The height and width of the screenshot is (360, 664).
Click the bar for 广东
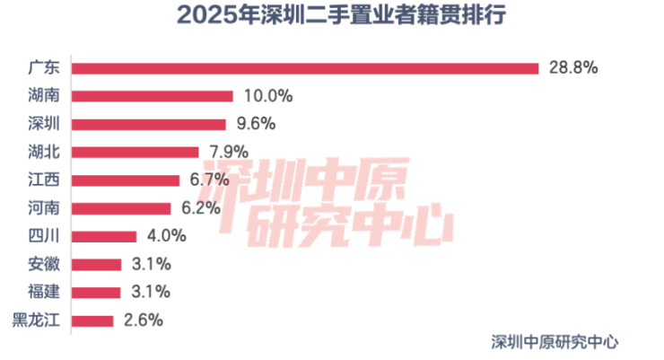pyautogui.click(x=305, y=67)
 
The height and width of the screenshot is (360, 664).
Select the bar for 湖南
pyautogui.click(x=153, y=96)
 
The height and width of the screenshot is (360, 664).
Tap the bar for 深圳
pyautogui.click(x=149, y=124)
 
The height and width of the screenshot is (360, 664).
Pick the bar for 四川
pyautogui.click(x=104, y=236)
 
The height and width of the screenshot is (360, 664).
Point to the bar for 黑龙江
pyautogui.click(x=92, y=320)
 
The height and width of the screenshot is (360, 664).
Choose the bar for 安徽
pyautogui.click(x=97, y=264)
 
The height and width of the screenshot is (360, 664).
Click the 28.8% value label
pyautogui.click(x=571, y=67)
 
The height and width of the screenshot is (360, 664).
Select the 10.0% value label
pyautogui.click(x=265, y=96)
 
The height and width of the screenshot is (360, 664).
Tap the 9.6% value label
pyautogui.click(x=254, y=124)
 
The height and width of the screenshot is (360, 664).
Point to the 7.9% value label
pyautogui.click(x=226, y=152)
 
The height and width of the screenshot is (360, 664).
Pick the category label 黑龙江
pyautogui.click(x=36, y=320)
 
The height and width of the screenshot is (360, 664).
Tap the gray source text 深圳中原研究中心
pyautogui.click(x=555, y=341)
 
